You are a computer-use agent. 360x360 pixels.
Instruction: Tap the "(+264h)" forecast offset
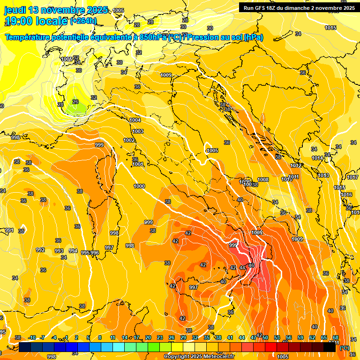pyautogui.click(x=83, y=21)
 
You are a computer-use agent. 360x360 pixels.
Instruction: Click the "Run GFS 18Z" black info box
pyautogui.click(x=299, y=7)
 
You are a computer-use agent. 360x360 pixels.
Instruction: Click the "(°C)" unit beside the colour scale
pyautogui.click(x=344, y=348)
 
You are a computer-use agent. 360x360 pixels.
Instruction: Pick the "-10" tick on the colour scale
pyautogui.click(x=32, y=338)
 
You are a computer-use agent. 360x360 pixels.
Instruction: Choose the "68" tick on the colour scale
pyautogui.click(x=336, y=338)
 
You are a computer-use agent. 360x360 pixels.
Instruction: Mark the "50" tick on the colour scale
pyautogui.click(x=265, y=338)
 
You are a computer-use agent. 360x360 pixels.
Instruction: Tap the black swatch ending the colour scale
pyautogui.click(x=330, y=347)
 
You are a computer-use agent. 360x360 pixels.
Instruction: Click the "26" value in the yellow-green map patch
pyautogui.click(x=75, y=102)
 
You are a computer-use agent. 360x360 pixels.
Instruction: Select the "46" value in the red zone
pyautogui.click(x=251, y=266)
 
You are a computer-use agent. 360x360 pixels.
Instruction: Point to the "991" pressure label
pyautogui.click(x=9, y=231)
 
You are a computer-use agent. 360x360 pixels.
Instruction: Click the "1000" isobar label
pyautogui.click(x=139, y=187)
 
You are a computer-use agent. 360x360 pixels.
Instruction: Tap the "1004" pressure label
pyautogui.click(x=135, y=120)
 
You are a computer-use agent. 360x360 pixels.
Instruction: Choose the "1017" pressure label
pyautogui.click(x=352, y=178)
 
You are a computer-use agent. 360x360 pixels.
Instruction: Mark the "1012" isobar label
pyautogui.click(x=296, y=166)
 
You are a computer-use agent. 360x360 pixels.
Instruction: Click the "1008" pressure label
pyautogui.click(x=263, y=180)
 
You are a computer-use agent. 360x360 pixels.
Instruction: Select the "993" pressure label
pyautogui.click(x=59, y=251)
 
